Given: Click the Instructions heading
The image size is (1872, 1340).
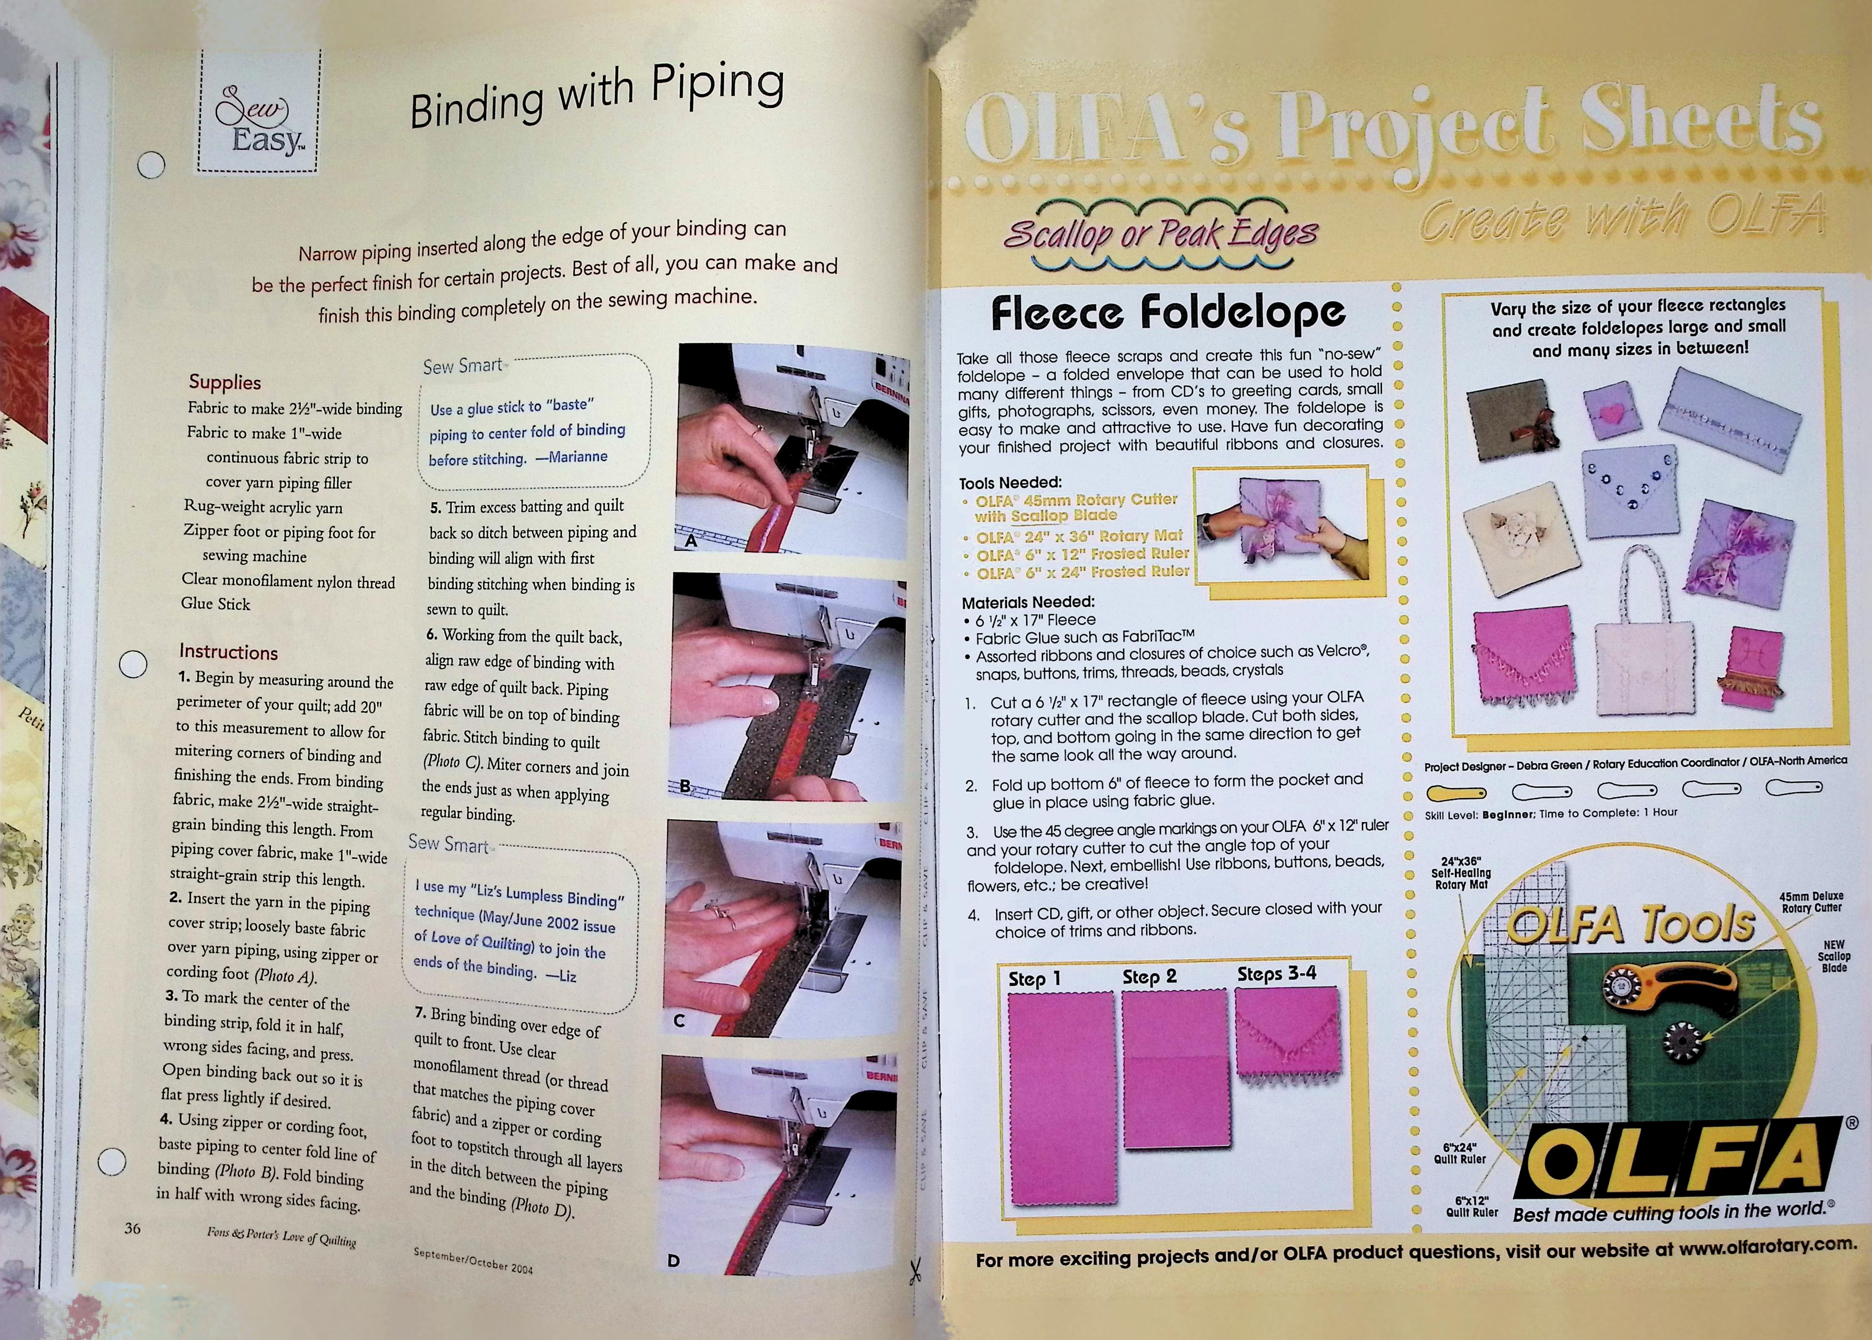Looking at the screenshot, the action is pos(229,652).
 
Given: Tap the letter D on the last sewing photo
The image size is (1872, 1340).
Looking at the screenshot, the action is pos(673,1260).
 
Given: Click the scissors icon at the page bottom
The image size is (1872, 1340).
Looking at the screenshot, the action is pos(914,1271).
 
